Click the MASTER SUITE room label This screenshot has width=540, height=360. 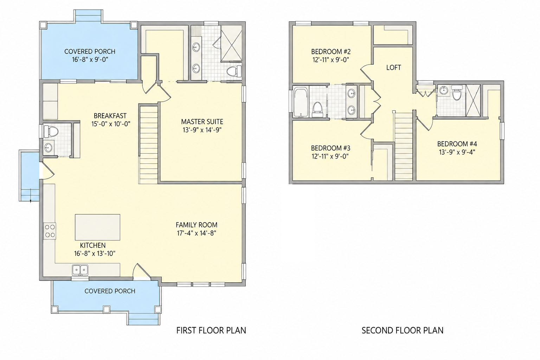coord(202,122)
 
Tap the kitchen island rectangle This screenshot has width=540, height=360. coord(98,227)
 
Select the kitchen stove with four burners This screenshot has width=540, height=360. coord(50,231)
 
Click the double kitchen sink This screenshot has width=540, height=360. coord(80,270)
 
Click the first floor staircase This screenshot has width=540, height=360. coord(149,144)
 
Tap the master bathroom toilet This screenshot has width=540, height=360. coord(234,71)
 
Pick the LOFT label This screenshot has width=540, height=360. coord(394,67)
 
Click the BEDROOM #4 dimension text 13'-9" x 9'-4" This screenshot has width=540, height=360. coord(457,152)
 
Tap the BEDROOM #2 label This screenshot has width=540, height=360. coord(331,52)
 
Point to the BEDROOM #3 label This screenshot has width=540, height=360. coord(330,148)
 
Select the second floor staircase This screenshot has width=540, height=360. coord(404,146)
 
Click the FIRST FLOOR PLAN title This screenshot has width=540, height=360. coord(211,330)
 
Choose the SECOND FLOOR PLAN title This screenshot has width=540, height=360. coord(402,330)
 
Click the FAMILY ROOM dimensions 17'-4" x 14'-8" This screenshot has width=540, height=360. coord(196,233)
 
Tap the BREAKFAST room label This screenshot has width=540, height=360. coord(110,116)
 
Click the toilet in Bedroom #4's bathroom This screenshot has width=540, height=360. coord(456,94)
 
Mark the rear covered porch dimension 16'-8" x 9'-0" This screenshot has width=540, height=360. coord(90,59)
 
